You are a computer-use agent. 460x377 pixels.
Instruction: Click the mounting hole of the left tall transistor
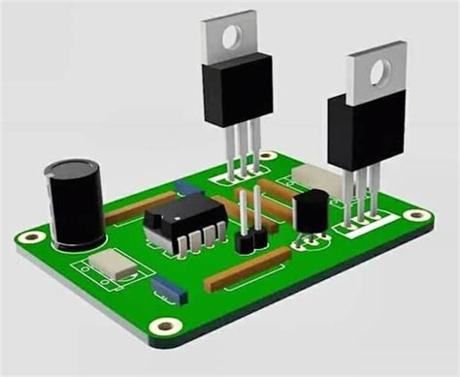(x=232, y=38)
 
